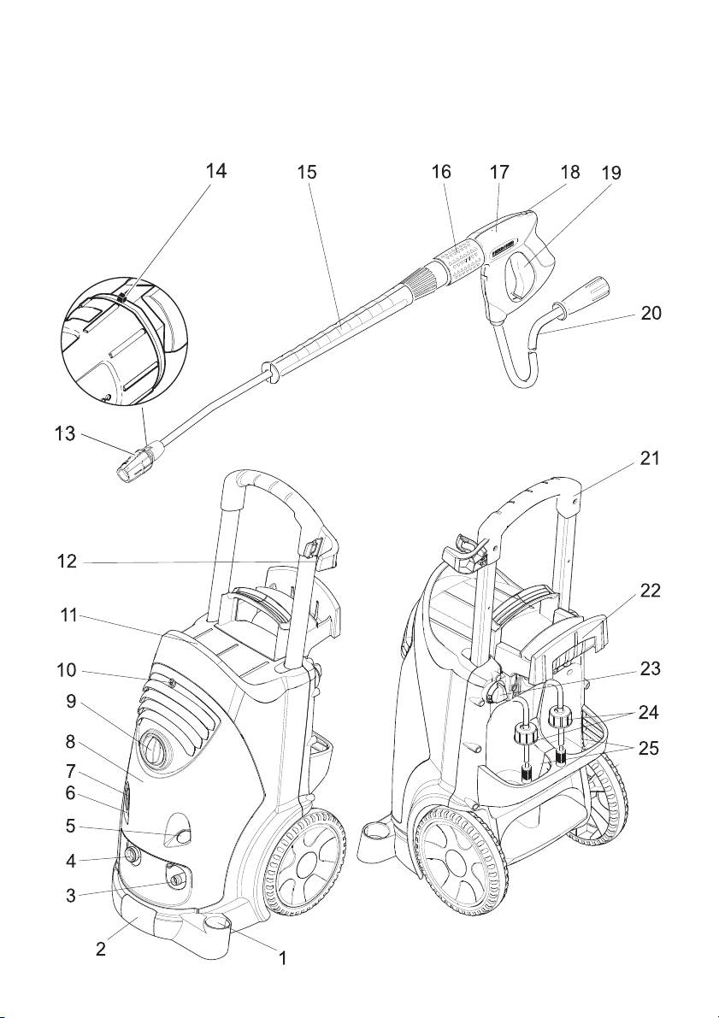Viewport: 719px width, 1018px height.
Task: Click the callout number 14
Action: (216, 171)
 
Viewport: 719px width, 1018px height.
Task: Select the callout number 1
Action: (283, 958)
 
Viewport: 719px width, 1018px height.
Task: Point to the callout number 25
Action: (649, 748)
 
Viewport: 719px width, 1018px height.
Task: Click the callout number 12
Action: (67, 562)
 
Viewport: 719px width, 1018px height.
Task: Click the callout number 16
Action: (441, 172)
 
